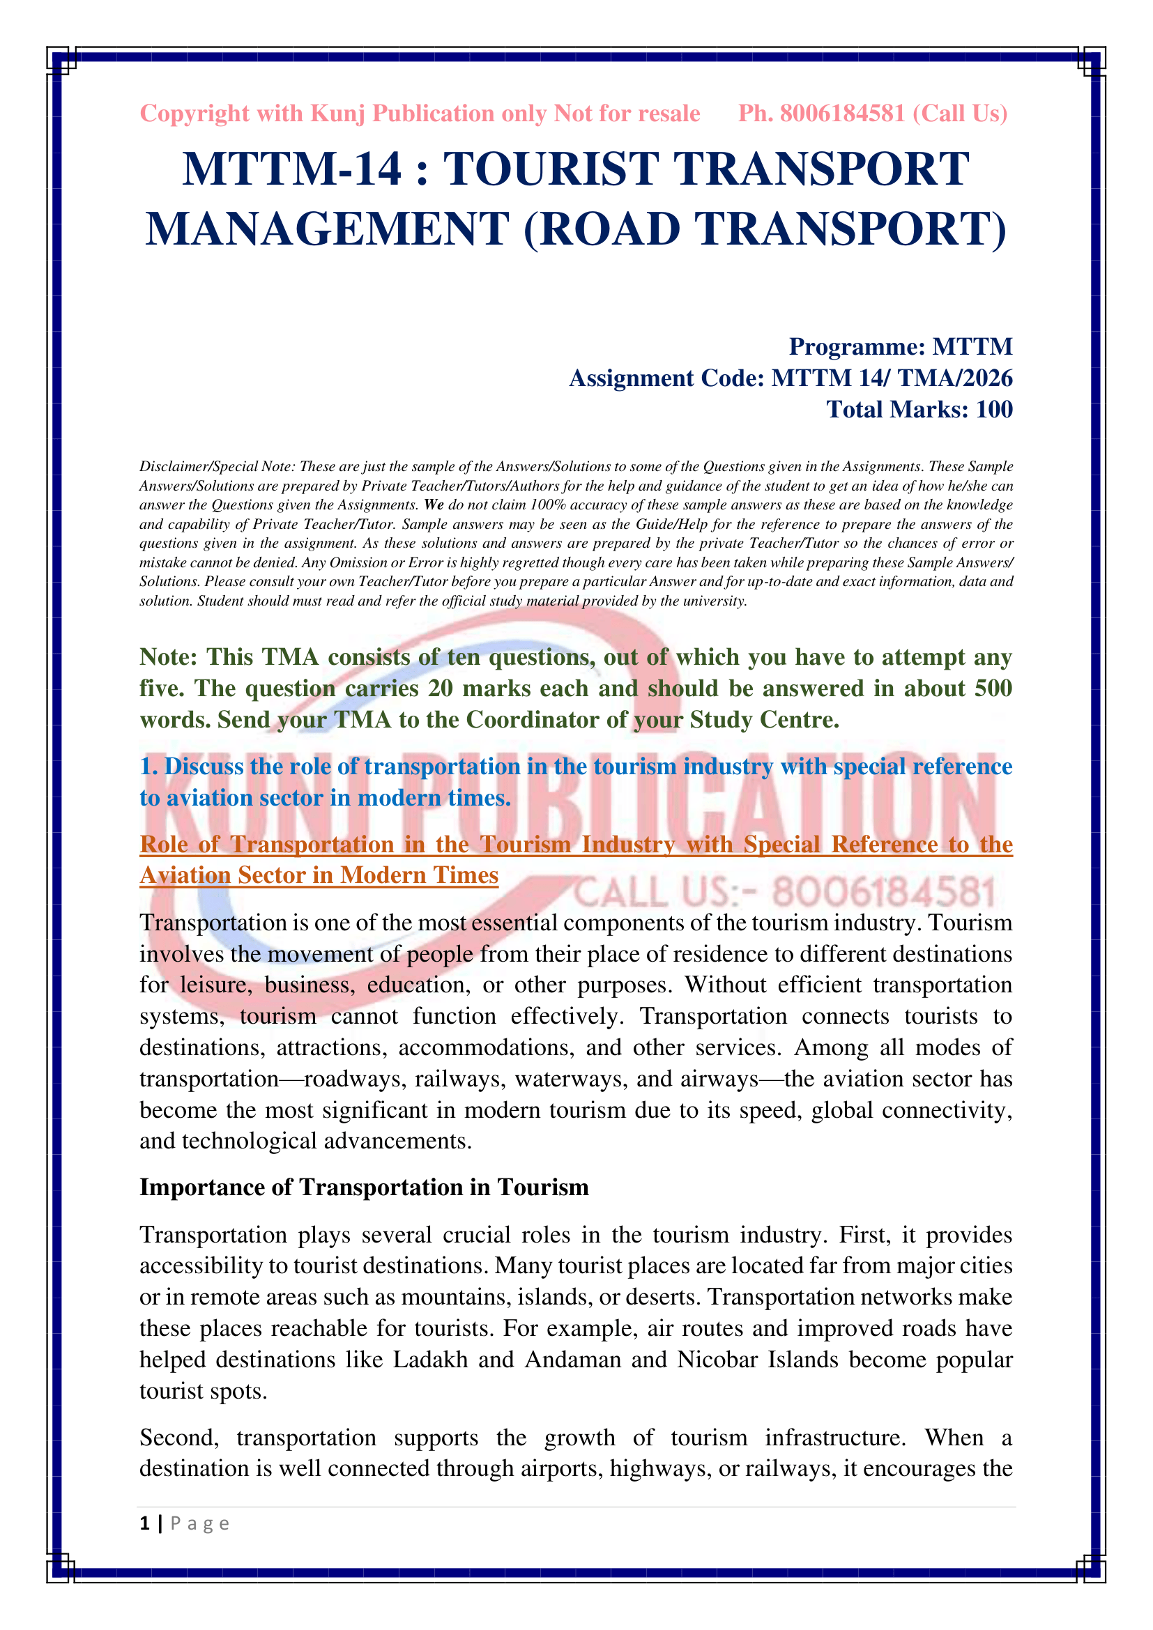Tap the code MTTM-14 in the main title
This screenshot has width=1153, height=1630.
(x=291, y=169)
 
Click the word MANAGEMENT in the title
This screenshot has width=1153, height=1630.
(x=328, y=229)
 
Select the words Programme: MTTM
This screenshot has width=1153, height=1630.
(x=900, y=346)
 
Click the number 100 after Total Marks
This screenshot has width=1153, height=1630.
(x=994, y=410)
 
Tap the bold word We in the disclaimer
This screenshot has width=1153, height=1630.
(x=434, y=505)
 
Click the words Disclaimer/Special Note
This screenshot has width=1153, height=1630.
(x=217, y=466)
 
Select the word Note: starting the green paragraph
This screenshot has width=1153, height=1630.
(x=168, y=656)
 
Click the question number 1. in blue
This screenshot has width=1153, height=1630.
(x=148, y=766)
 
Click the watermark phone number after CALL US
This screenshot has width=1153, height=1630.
(x=883, y=892)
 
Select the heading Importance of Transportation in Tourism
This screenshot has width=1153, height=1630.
(x=363, y=1187)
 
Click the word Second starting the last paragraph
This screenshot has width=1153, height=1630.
(x=178, y=1437)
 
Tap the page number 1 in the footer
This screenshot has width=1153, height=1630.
(x=145, y=1523)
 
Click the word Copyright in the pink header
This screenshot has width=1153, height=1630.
(x=194, y=114)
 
